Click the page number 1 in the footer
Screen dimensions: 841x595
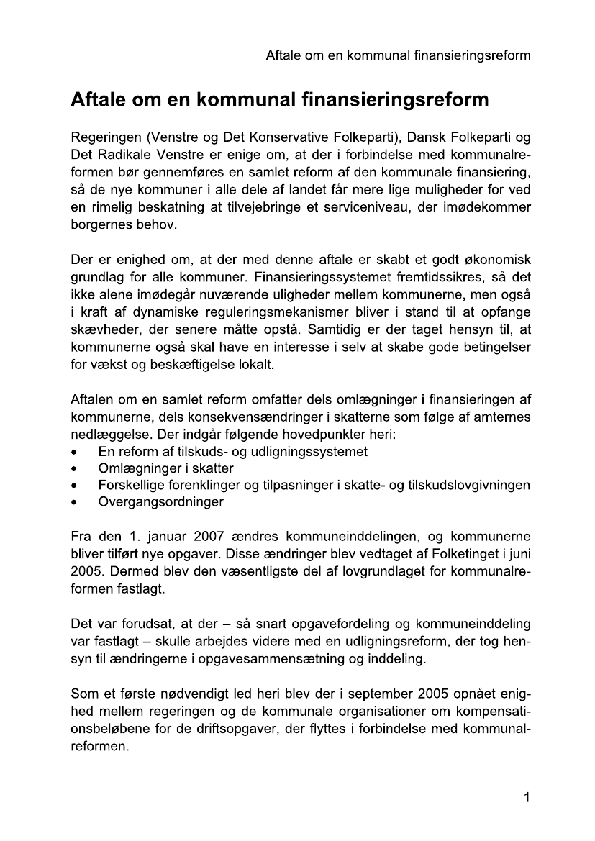(x=527, y=797)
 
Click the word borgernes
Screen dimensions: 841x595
(x=100, y=225)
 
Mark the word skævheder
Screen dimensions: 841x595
(x=102, y=330)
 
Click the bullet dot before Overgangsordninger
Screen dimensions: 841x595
(x=76, y=502)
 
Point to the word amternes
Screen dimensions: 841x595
(x=500, y=417)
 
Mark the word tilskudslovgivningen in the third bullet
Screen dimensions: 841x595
(x=469, y=485)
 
